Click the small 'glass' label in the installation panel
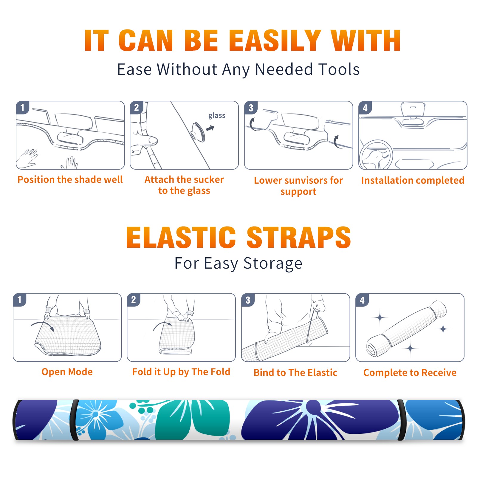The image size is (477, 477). [217, 115]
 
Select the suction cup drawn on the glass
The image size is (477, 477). [199, 131]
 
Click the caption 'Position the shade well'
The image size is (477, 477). [70, 179]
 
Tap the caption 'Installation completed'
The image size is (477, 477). [413, 180]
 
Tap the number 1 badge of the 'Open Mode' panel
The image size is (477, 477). [20, 300]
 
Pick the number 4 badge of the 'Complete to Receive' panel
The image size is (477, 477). [362, 300]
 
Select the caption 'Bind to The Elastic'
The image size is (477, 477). [295, 373]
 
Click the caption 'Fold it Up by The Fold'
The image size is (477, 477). [181, 372]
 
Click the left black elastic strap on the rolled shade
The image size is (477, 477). [74, 420]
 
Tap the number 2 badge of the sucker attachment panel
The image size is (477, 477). [137, 107]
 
